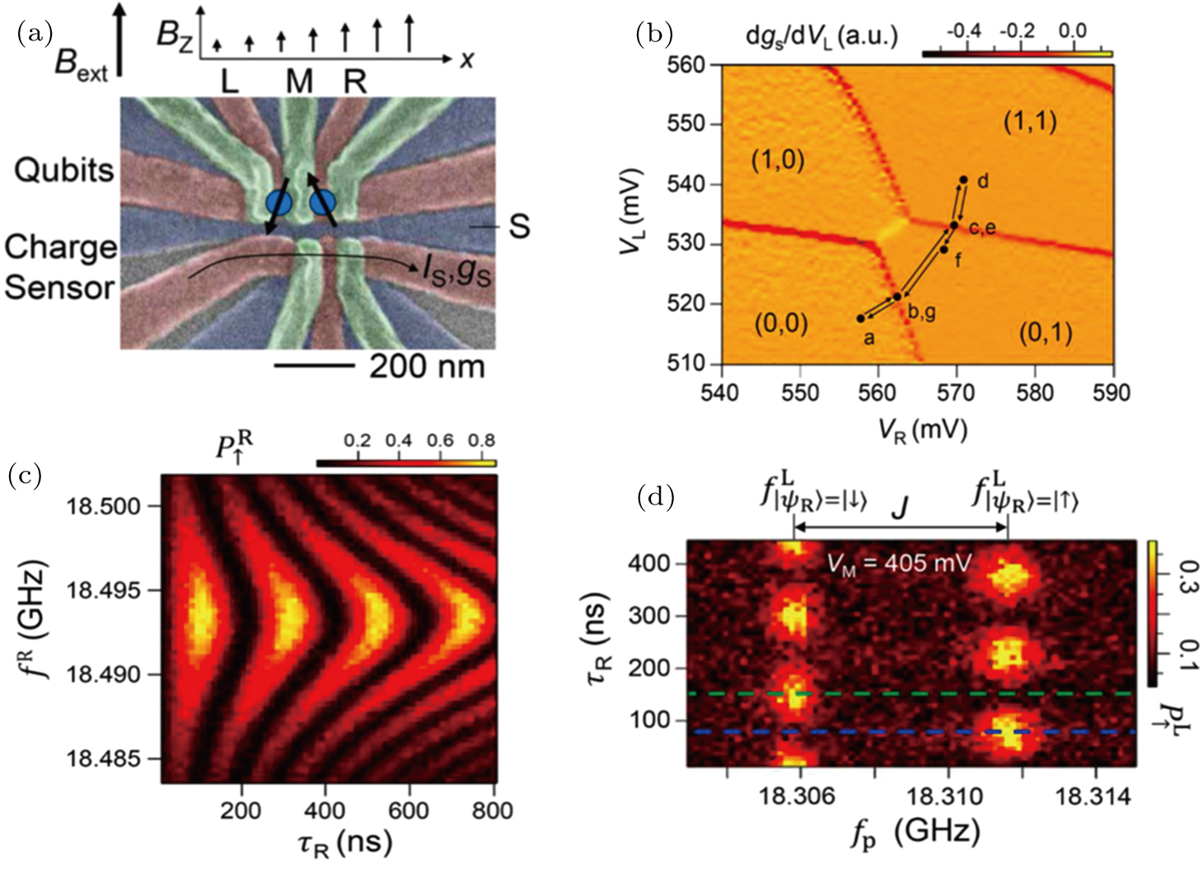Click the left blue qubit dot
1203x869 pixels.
tap(278, 203)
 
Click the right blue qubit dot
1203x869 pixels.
tap(322, 202)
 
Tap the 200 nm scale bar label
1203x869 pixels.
tap(427, 366)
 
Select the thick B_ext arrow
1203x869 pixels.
tap(121, 40)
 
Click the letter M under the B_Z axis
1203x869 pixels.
tap(299, 82)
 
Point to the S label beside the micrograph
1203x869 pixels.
tap(519, 226)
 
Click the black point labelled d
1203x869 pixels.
tap(963, 180)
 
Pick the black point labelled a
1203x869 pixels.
tap(861, 318)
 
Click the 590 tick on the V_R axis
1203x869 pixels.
tap(1112, 392)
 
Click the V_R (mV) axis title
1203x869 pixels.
tap(922, 429)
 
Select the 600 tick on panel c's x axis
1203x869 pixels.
tap(408, 810)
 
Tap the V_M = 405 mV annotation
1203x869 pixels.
tap(899, 563)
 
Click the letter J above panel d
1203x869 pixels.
tap(900, 507)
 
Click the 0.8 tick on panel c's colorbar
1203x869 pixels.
tap(481, 440)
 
